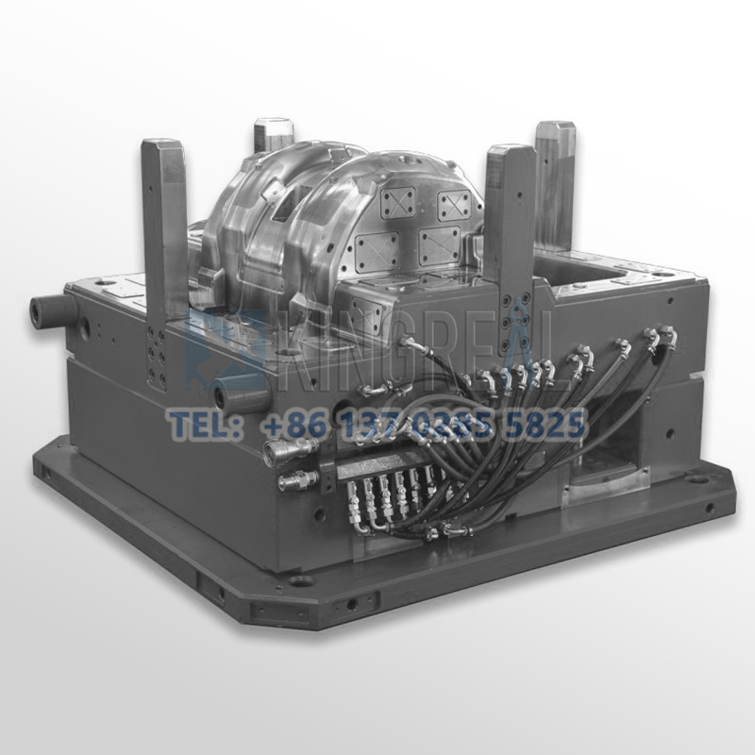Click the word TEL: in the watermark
tap(200, 425)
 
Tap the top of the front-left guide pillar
tap(162, 148)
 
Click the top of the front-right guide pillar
tap(511, 154)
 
